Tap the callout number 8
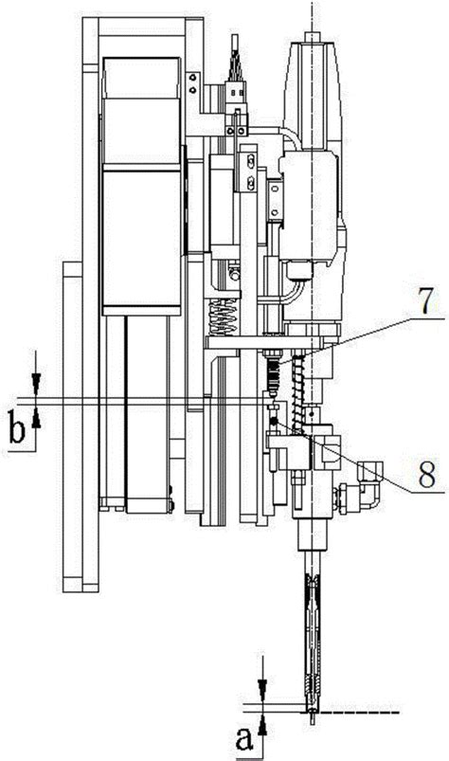click(425, 471)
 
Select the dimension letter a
click(244, 740)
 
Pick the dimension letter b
click(17, 427)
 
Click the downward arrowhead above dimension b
click(36, 384)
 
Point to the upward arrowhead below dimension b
click(36, 417)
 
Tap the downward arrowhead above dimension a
click(262, 690)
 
